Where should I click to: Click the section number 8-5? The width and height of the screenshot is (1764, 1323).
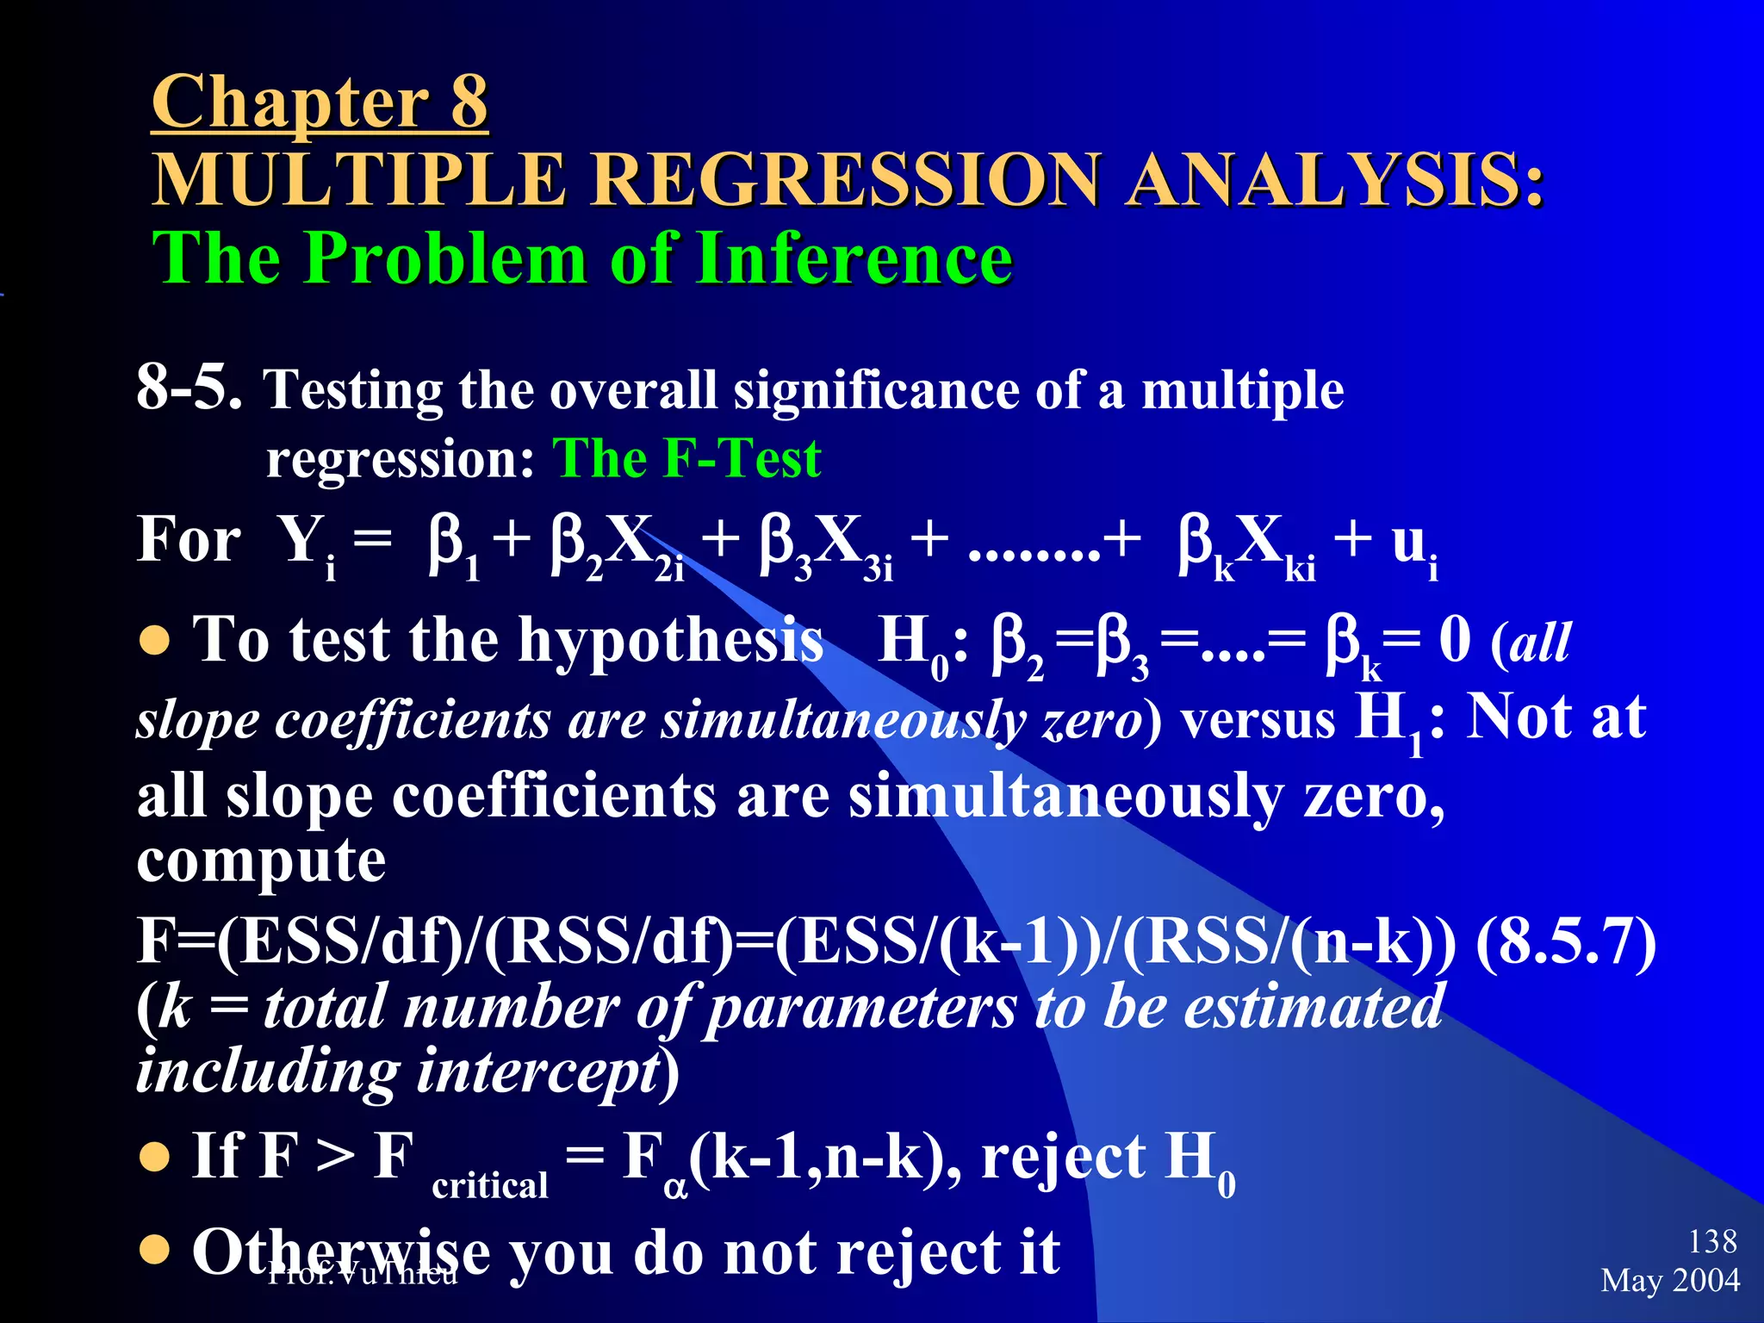point(189,387)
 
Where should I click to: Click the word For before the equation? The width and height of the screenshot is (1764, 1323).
point(189,540)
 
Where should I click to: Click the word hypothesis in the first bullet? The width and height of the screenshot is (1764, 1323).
point(671,641)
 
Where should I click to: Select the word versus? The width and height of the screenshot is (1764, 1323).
point(1258,720)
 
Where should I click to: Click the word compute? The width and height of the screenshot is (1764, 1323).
point(261,860)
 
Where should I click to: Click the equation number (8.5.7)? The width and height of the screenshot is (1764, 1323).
point(1566,941)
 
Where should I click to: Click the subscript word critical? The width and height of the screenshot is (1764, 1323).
point(489,1186)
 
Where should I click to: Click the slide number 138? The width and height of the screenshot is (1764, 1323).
point(1712,1241)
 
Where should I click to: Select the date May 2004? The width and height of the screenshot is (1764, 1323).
point(1670,1280)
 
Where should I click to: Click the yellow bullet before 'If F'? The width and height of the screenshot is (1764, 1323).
point(155,1157)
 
